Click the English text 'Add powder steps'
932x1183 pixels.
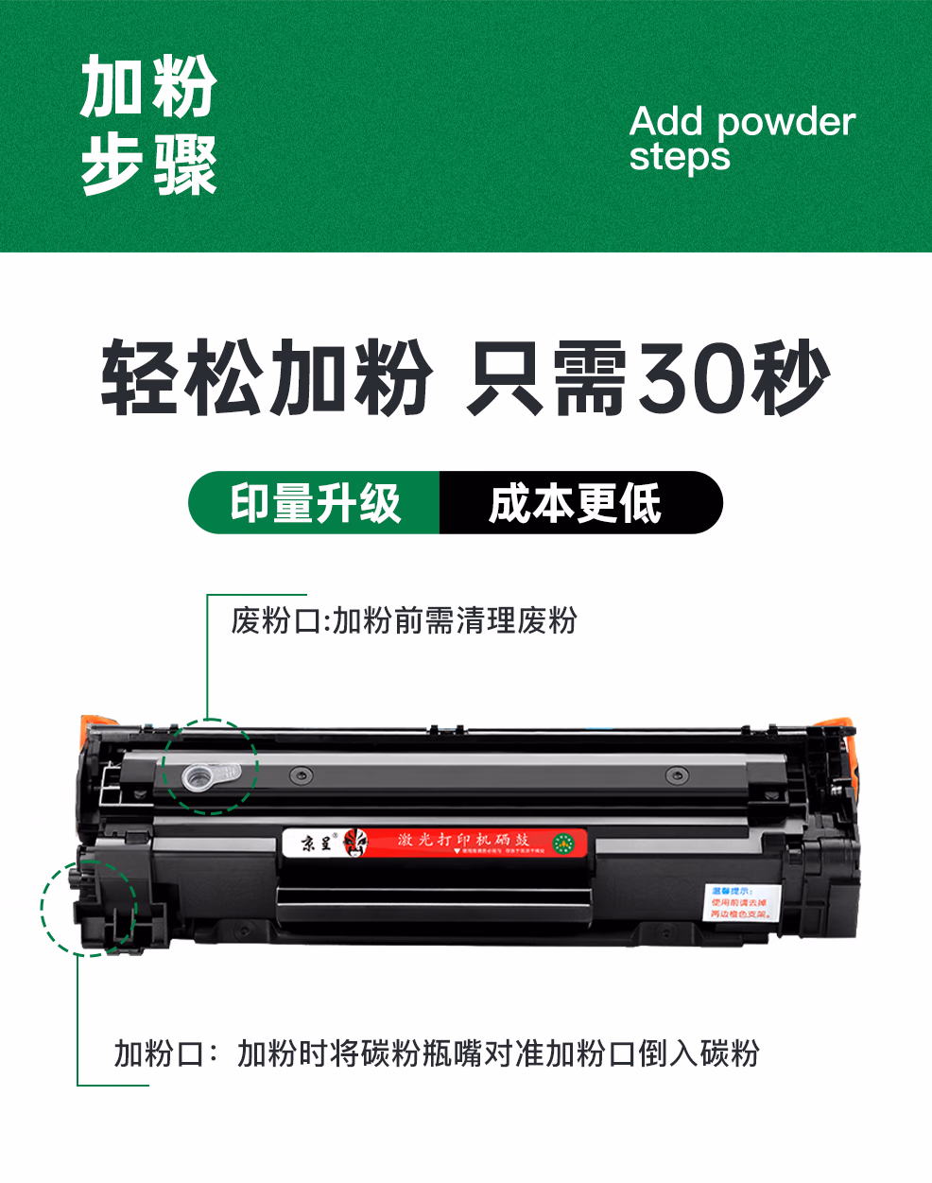click(x=742, y=138)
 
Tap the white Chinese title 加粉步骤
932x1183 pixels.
click(x=148, y=125)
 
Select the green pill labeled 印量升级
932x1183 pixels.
click(x=316, y=503)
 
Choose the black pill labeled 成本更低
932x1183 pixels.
click(x=577, y=503)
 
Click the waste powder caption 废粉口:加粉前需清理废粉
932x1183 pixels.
click(x=404, y=621)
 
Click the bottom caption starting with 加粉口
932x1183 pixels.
click(x=437, y=1053)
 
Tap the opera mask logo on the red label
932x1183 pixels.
click(x=356, y=842)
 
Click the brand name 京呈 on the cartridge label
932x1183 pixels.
click(x=317, y=842)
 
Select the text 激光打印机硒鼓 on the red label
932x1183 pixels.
click(x=463, y=839)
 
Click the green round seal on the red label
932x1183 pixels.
click(x=564, y=842)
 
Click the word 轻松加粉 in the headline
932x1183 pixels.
click(x=266, y=376)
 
